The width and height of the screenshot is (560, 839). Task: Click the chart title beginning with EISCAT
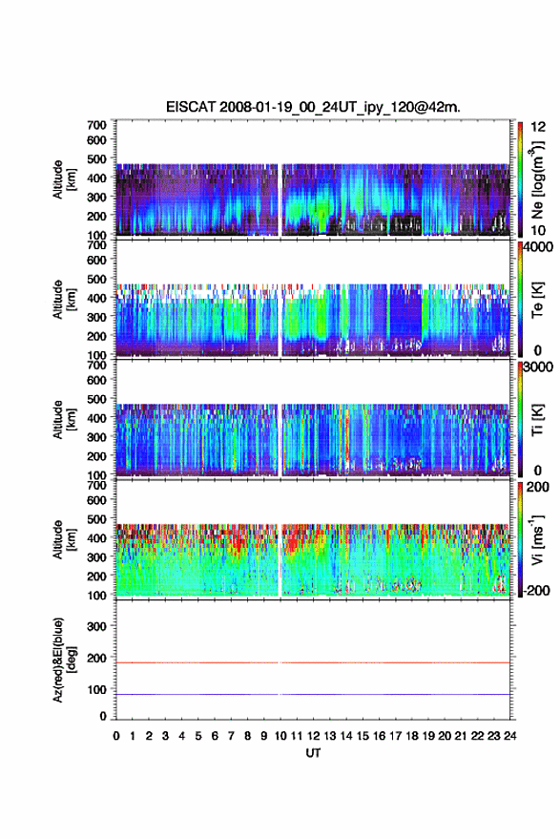313,107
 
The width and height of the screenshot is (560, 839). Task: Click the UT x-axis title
313,753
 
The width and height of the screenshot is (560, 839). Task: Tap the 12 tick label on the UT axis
313,736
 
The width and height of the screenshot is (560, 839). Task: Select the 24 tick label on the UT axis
509,736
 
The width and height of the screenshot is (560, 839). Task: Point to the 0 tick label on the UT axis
116,736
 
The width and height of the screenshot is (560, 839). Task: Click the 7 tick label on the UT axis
231,736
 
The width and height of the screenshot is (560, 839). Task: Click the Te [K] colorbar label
537,300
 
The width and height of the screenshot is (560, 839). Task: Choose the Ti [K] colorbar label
537,420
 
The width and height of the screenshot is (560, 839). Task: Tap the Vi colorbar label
537,539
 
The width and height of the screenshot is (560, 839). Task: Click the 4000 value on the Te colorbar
536,247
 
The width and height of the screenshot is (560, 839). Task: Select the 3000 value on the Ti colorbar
537,367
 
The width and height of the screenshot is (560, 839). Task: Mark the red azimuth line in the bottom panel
313,662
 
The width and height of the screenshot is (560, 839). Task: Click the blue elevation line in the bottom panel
313,694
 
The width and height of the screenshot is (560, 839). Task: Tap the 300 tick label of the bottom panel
96,626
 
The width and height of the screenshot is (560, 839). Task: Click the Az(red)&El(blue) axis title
64,660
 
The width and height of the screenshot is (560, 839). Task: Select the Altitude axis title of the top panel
64,179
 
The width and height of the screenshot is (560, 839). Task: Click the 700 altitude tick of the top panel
96,125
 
